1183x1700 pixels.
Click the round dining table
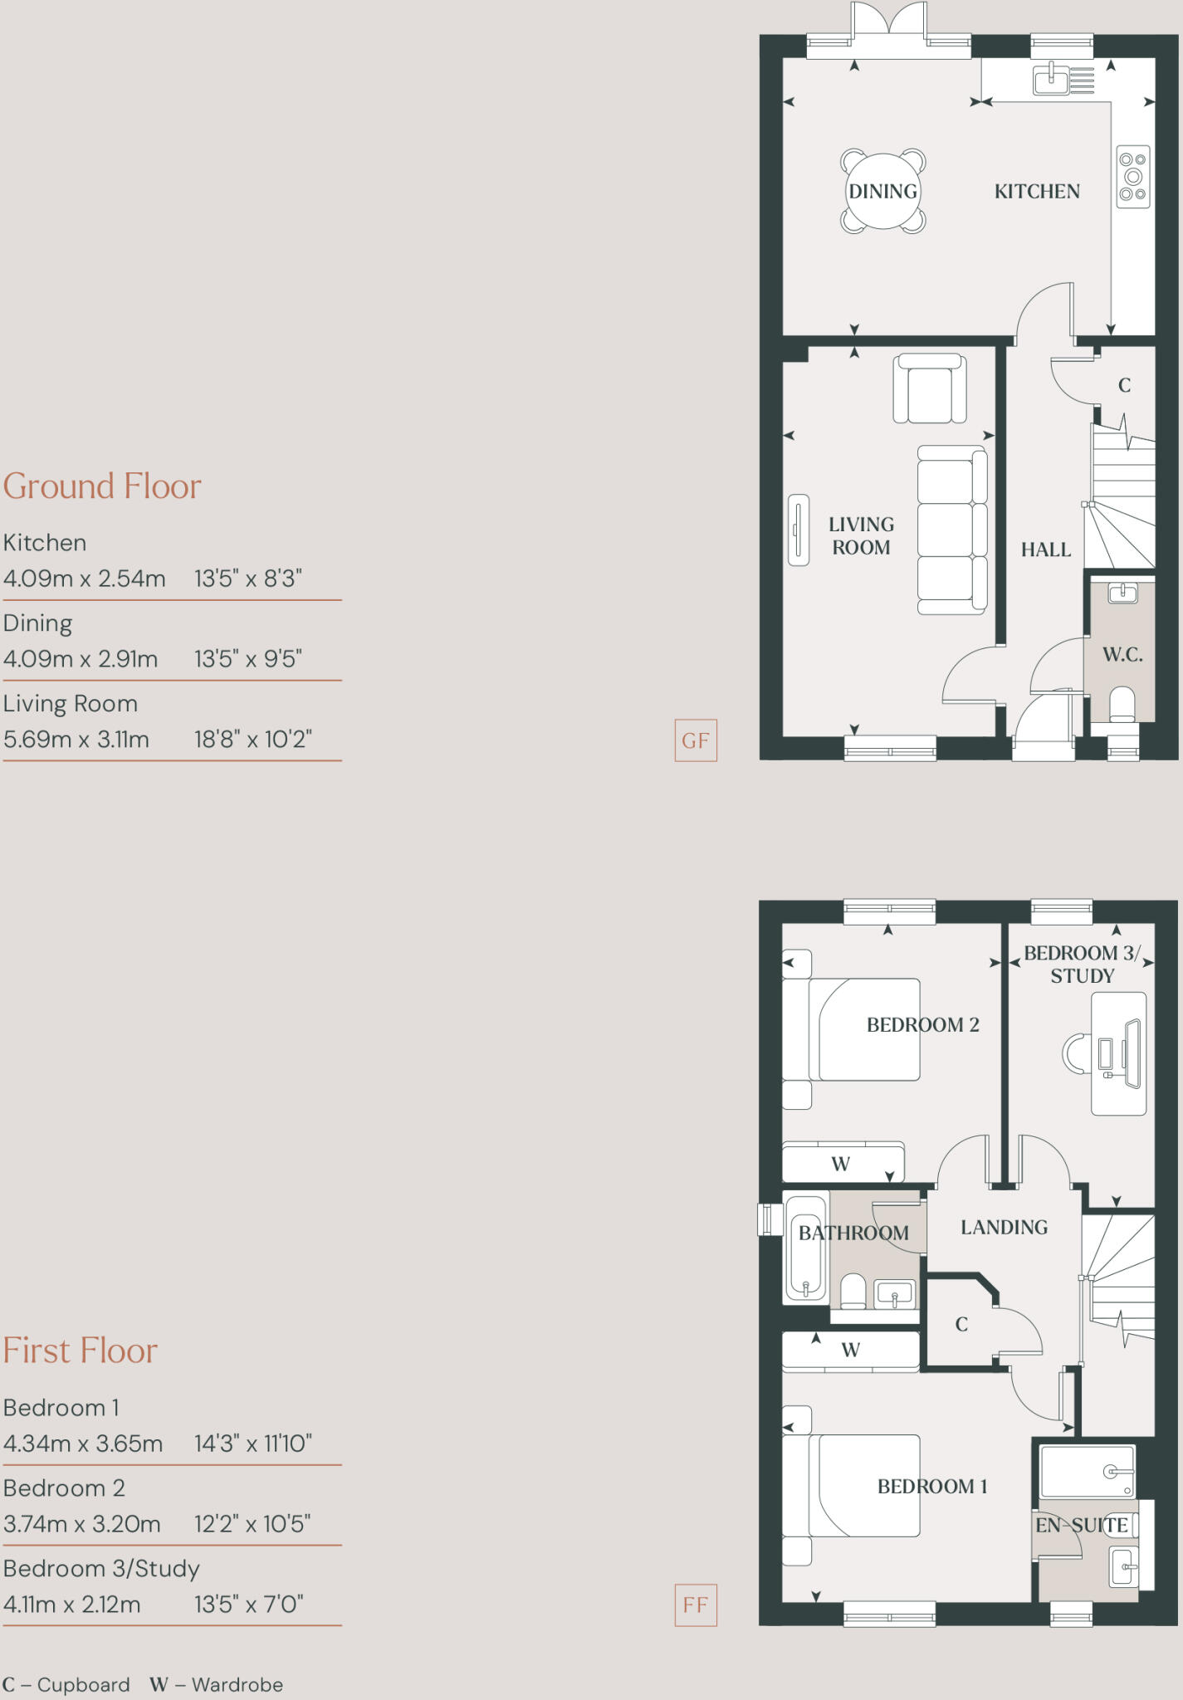pos(882,192)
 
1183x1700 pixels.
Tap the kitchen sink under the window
pos(1052,81)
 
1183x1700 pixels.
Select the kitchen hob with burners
pos(1132,177)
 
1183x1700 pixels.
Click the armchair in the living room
pos(930,388)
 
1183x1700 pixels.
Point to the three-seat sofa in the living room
pos(951,530)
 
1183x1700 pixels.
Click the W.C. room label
pos(1122,655)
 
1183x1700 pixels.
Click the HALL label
pos(1045,550)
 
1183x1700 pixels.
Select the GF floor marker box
pos(696,740)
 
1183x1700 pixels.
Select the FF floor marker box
pos(696,1605)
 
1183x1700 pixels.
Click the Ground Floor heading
pos(102,486)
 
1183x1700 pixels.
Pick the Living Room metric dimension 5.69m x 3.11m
pos(76,740)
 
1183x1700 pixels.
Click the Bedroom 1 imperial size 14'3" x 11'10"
pos(252,1444)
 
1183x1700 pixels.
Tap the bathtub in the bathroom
pos(805,1247)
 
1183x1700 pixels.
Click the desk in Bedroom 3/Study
pos(1118,1053)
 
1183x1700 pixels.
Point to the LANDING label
pos(1004,1228)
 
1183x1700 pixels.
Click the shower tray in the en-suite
pos(1087,1472)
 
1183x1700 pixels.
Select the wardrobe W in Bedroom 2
pos(842,1163)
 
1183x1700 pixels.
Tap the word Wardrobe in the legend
pos(237,1685)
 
